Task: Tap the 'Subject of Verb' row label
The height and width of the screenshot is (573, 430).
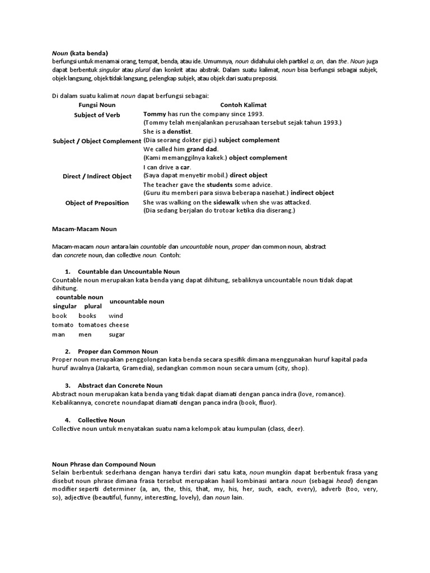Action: pyautogui.click(x=97, y=115)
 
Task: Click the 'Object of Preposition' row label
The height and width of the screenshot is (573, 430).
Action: pyautogui.click(x=97, y=203)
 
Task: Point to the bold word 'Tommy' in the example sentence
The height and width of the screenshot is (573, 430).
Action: pyautogui.click(x=155, y=114)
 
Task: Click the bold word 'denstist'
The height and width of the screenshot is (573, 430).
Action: pyautogui.click(x=177, y=131)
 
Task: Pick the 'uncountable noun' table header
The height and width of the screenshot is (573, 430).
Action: pyautogui.click(x=137, y=301)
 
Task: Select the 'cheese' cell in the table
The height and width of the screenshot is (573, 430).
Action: pyautogui.click(x=119, y=325)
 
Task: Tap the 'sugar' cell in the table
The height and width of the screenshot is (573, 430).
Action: pyautogui.click(x=116, y=335)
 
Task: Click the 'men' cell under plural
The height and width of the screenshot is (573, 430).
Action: pyautogui.click(x=85, y=335)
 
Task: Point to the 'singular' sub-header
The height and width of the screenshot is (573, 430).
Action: pyautogui.click(x=64, y=306)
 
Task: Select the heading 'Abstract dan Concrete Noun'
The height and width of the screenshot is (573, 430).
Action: pyautogui.click(x=120, y=386)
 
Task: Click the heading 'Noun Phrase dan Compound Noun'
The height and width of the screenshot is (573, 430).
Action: pyautogui.click(x=104, y=464)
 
